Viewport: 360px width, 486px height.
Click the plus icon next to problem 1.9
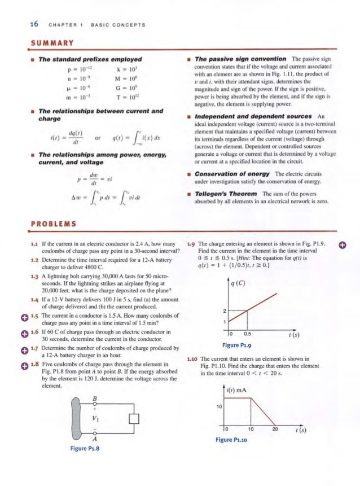[341, 245]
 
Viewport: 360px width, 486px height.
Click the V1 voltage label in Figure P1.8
[95, 418]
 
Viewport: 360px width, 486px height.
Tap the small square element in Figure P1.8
[134, 418]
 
